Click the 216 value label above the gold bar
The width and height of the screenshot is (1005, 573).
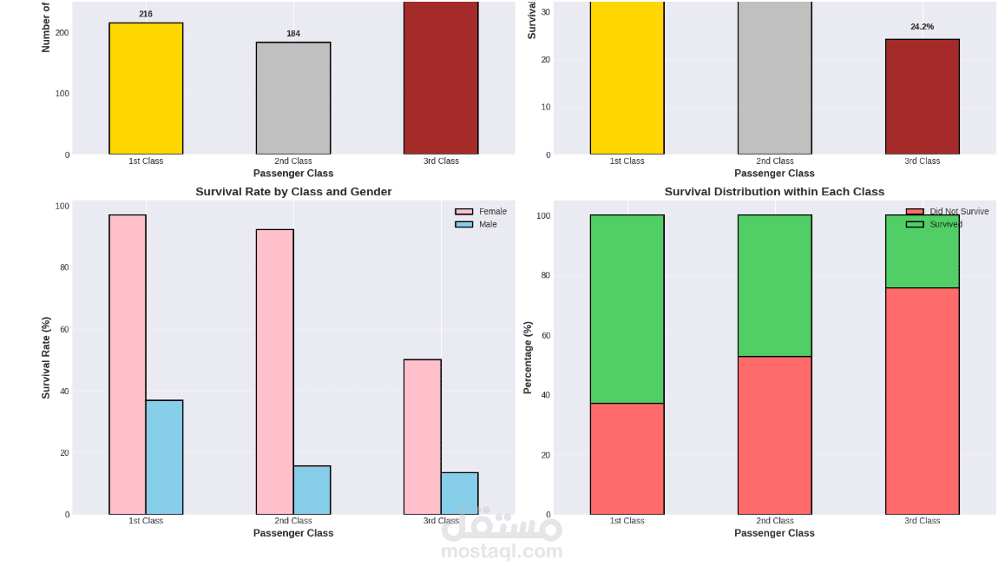(x=146, y=14)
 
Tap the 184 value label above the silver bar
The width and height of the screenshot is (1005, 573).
(x=293, y=34)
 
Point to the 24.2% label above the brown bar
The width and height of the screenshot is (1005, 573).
(x=922, y=27)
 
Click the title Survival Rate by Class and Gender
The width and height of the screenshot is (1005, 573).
(x=293, y=192)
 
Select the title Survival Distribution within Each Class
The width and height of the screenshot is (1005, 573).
(x=774, y=192)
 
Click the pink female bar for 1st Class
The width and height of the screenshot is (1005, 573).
(x=128, y=365)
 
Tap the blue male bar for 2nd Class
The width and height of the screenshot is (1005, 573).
(x=312, y=491)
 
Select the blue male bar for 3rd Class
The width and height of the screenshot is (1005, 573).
(x=459, y=493)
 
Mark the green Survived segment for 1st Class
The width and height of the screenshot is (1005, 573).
(x=627, y=309)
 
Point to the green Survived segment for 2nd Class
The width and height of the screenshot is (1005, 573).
(x=774, y=286)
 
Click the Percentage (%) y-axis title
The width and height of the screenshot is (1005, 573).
(x=528, y=358)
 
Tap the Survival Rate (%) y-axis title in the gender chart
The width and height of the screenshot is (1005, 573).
(x=47, y=358)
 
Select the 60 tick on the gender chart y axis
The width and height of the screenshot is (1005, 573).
(x=64, y=330)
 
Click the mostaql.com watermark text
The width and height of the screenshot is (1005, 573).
(x=502, y=551)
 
